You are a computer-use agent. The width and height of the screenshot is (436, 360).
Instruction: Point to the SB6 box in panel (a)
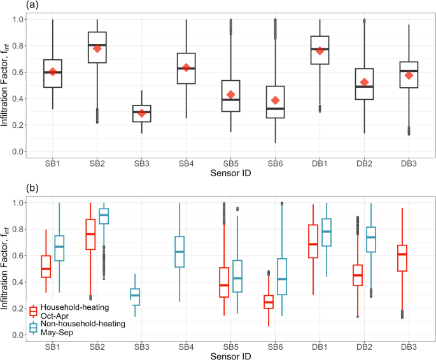276,102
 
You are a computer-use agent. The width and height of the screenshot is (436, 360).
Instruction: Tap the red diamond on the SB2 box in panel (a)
97,49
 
